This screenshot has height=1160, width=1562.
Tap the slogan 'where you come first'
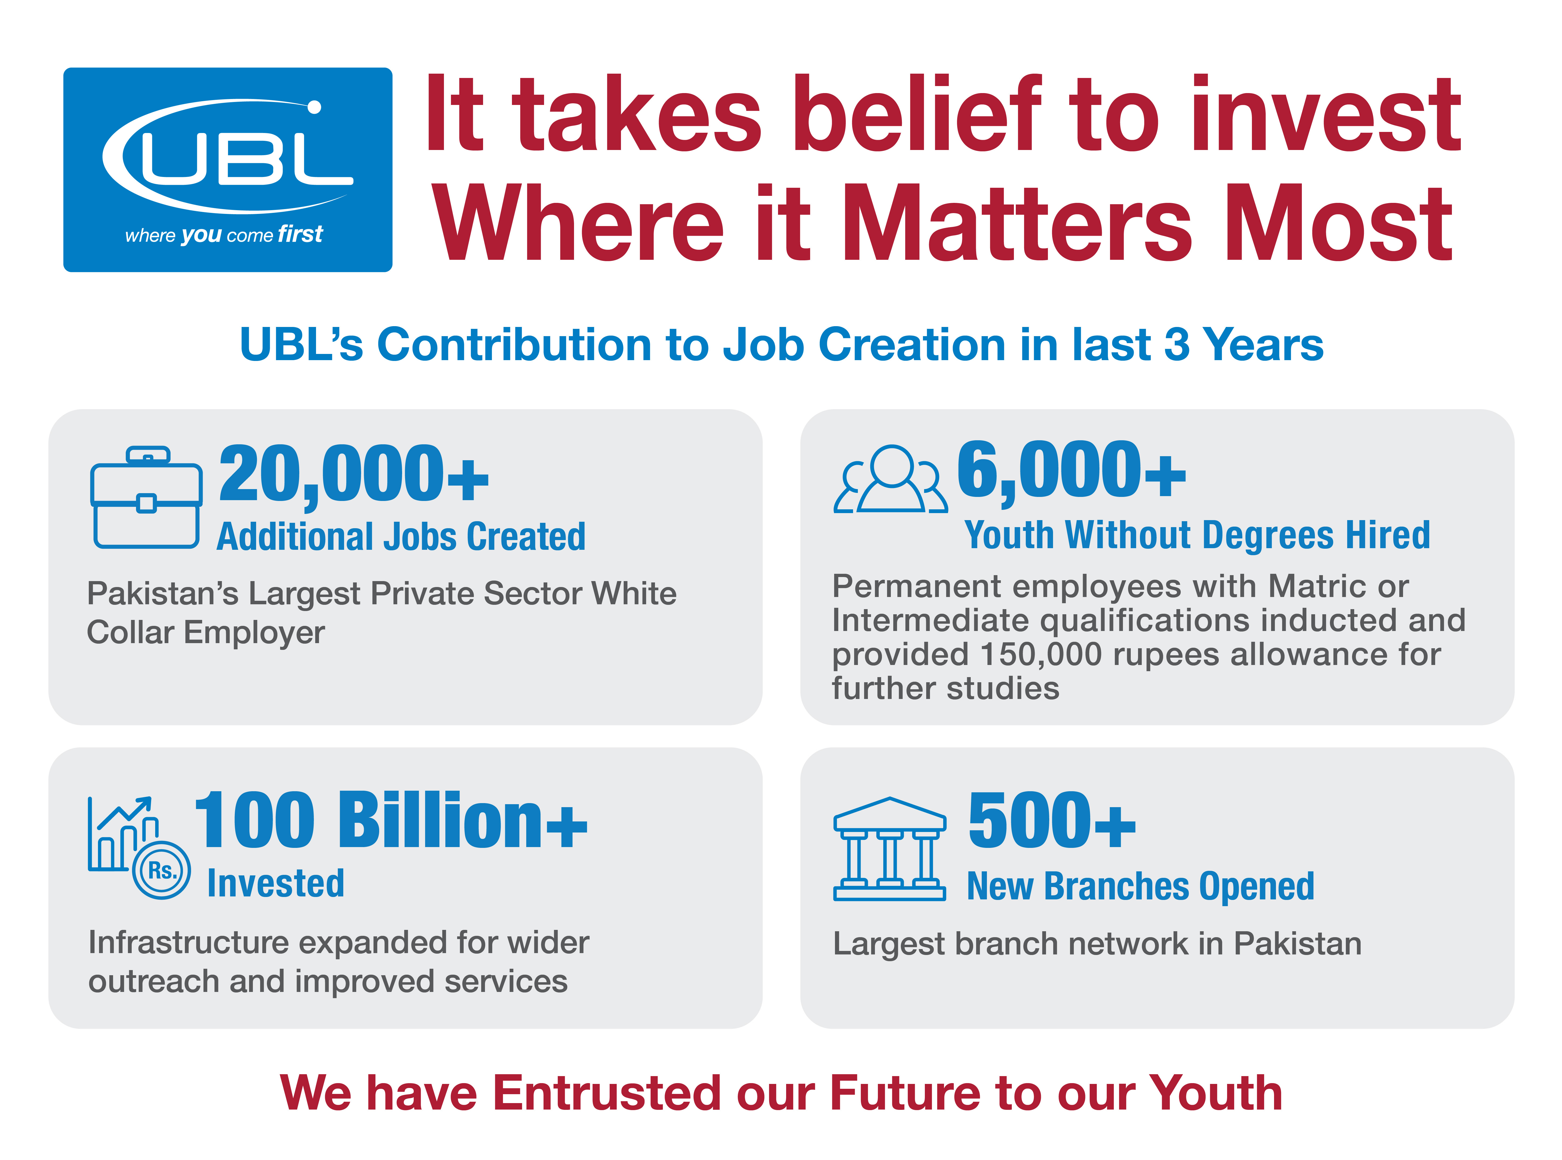pyautogui.click(x=223, y=234)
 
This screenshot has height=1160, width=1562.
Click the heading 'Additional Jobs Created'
pyautogui.click(x=401, y=537)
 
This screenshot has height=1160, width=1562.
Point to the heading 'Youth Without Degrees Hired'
pyautogui.click(x=1197, y=536)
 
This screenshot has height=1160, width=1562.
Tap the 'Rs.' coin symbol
pyautogui.click(x=162, y=871)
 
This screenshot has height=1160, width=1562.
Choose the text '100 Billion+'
pyautogui.click(x=390, y=820)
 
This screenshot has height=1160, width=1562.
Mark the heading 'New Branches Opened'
pyautogui.click(x=1140, y=886)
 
